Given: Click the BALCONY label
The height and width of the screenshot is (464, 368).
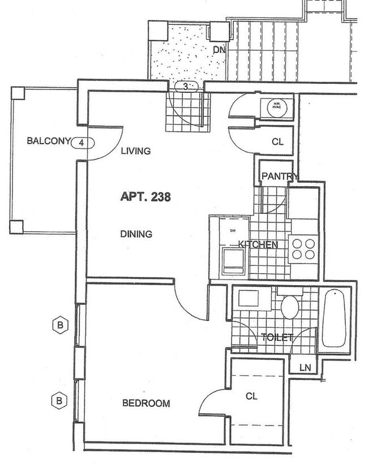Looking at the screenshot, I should [x=48, y=141].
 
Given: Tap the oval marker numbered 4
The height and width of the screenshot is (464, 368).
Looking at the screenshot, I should [x=82, y=143].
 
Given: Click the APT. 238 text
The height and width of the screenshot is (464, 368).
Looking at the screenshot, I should [x=146, y=197].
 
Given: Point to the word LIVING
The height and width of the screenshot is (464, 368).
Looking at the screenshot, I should [x=136, y=151].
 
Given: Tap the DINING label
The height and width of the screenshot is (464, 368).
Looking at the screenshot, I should [x=136, y=234].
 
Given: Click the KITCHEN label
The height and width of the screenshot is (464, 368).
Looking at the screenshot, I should [x=258, y=244].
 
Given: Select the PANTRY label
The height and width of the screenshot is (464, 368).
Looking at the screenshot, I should [x=279, y=177].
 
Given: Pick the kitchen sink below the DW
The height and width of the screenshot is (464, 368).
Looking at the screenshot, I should [x=233, y=261].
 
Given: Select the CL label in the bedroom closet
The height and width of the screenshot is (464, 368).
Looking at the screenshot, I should [x=251, y=397].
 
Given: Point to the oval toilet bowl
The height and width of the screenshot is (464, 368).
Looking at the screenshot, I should [x=290, y=307].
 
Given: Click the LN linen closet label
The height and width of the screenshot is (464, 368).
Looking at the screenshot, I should [x=305, y=368].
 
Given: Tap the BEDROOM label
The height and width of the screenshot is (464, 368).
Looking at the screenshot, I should [x=146, y=403].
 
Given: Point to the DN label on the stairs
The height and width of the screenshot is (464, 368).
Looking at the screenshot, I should [x=219, y=50].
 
